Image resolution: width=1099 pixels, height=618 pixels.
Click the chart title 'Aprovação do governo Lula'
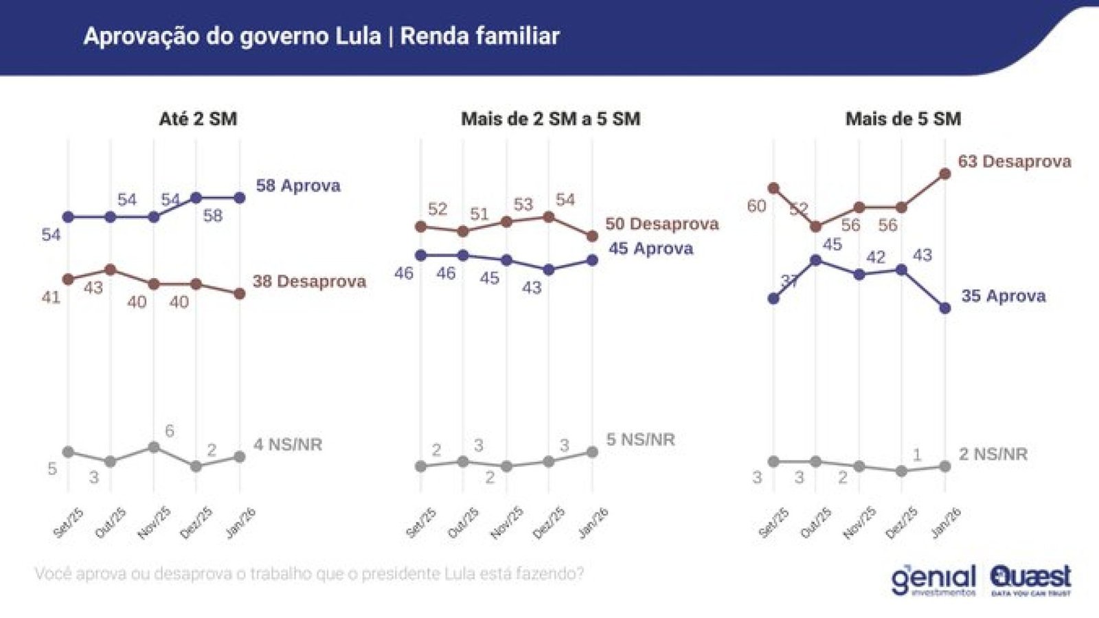(x=232, y=36)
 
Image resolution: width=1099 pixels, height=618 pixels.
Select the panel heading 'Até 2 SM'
(x=198, y=119)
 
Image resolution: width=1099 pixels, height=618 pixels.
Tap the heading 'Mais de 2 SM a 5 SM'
(x=550, y=119)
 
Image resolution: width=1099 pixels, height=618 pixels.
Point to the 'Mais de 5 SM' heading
(x=903, y=119)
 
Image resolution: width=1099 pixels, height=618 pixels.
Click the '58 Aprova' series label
(x=298, y=185)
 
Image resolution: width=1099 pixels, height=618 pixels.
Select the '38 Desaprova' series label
(x=309, y=281)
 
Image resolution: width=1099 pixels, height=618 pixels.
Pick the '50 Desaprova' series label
(x=661, y=224)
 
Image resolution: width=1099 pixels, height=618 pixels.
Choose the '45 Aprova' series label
(x=650, y=249)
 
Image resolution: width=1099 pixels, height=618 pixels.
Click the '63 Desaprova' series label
(x=1015, y=161)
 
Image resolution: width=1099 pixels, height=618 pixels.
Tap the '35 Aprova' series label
(x=1003, y=296)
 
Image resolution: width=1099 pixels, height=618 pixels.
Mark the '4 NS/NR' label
(x=288, y=444)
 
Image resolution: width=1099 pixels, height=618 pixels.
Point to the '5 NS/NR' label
(x=640, y=439)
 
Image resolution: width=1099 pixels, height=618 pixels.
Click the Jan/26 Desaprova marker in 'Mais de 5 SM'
(x=944, y=174)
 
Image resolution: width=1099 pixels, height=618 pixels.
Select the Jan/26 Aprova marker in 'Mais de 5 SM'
(x=944, y=308)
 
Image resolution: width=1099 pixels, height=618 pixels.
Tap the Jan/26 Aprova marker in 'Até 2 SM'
(x=240, y=198)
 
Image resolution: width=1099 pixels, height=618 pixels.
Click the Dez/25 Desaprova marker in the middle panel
(x=548, y=217)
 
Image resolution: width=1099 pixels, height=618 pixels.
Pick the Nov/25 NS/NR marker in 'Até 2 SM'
(x=154, y=447)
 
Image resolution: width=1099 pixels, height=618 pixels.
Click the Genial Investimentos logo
(x=933, y=580)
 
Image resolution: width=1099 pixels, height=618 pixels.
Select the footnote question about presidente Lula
(x=309, y=573)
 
